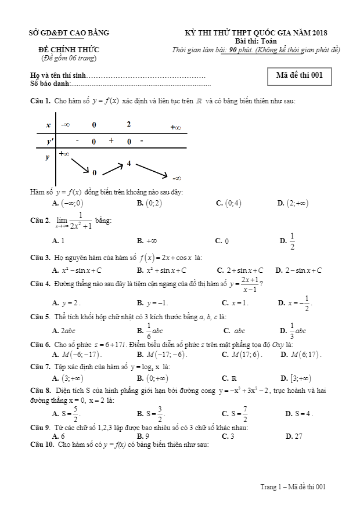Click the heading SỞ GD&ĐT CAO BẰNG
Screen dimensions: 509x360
(x=69, y=33)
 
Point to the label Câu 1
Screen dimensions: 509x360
(x=39, y=102)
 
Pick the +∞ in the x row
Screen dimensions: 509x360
(x=175, y=127)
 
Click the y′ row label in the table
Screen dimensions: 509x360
(x=49, y=141)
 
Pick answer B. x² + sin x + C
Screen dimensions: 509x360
(x=161, y=270)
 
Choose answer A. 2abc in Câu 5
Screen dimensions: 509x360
(x=64, y=331)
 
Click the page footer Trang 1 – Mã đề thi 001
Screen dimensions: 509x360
(x=293, y=487)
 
